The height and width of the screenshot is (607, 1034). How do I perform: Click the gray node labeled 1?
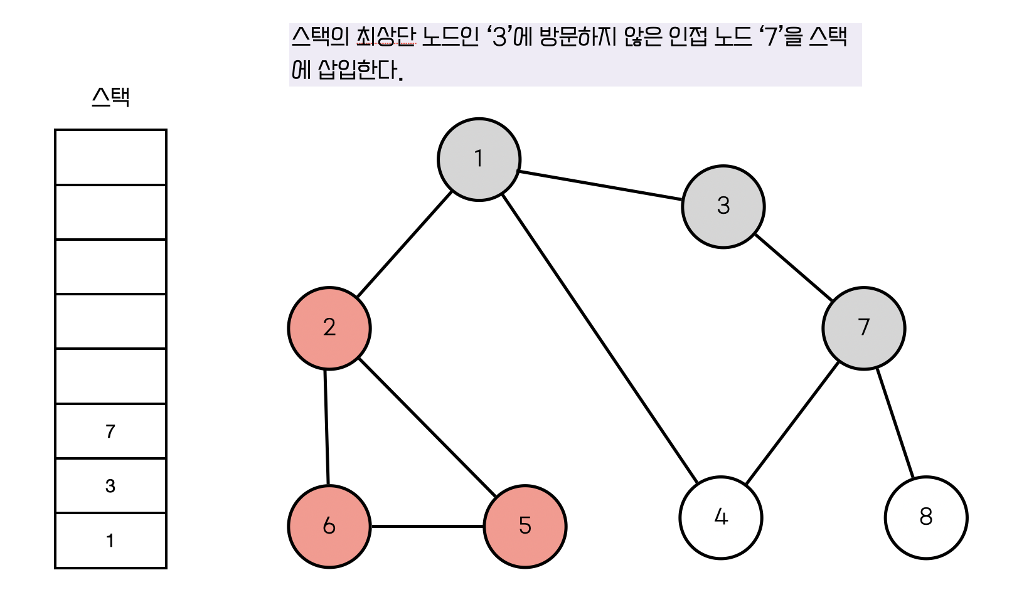(479, 159)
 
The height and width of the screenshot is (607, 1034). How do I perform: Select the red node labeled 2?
(329, 328)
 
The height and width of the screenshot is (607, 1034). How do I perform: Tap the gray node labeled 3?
(723, 206)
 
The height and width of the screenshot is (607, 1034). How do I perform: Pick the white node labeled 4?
(720, 517)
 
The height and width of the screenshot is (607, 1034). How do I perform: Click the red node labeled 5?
(525, 526)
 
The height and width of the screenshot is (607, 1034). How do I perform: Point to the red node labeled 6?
(329, 526)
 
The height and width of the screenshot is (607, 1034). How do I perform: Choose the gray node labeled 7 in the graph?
(863, 328)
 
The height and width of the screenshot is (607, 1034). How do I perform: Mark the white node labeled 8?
(925, 517)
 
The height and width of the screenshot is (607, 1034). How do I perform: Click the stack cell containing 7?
(110, 431)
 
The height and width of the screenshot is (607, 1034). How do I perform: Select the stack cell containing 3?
(110, 486)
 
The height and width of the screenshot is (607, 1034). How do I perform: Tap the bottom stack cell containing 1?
(110, 541)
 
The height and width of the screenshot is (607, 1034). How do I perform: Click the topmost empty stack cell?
(110, 157)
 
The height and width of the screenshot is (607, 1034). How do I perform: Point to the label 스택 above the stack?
(110, 98)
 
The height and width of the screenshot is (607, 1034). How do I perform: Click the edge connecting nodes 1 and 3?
(600, 186)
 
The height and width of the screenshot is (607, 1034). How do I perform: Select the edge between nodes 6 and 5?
(427, 526)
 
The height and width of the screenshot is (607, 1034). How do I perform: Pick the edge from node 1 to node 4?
(600, 339)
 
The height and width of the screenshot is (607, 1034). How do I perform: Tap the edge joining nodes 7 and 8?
(895, 423)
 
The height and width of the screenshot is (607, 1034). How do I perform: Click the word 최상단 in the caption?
(385, 37)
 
